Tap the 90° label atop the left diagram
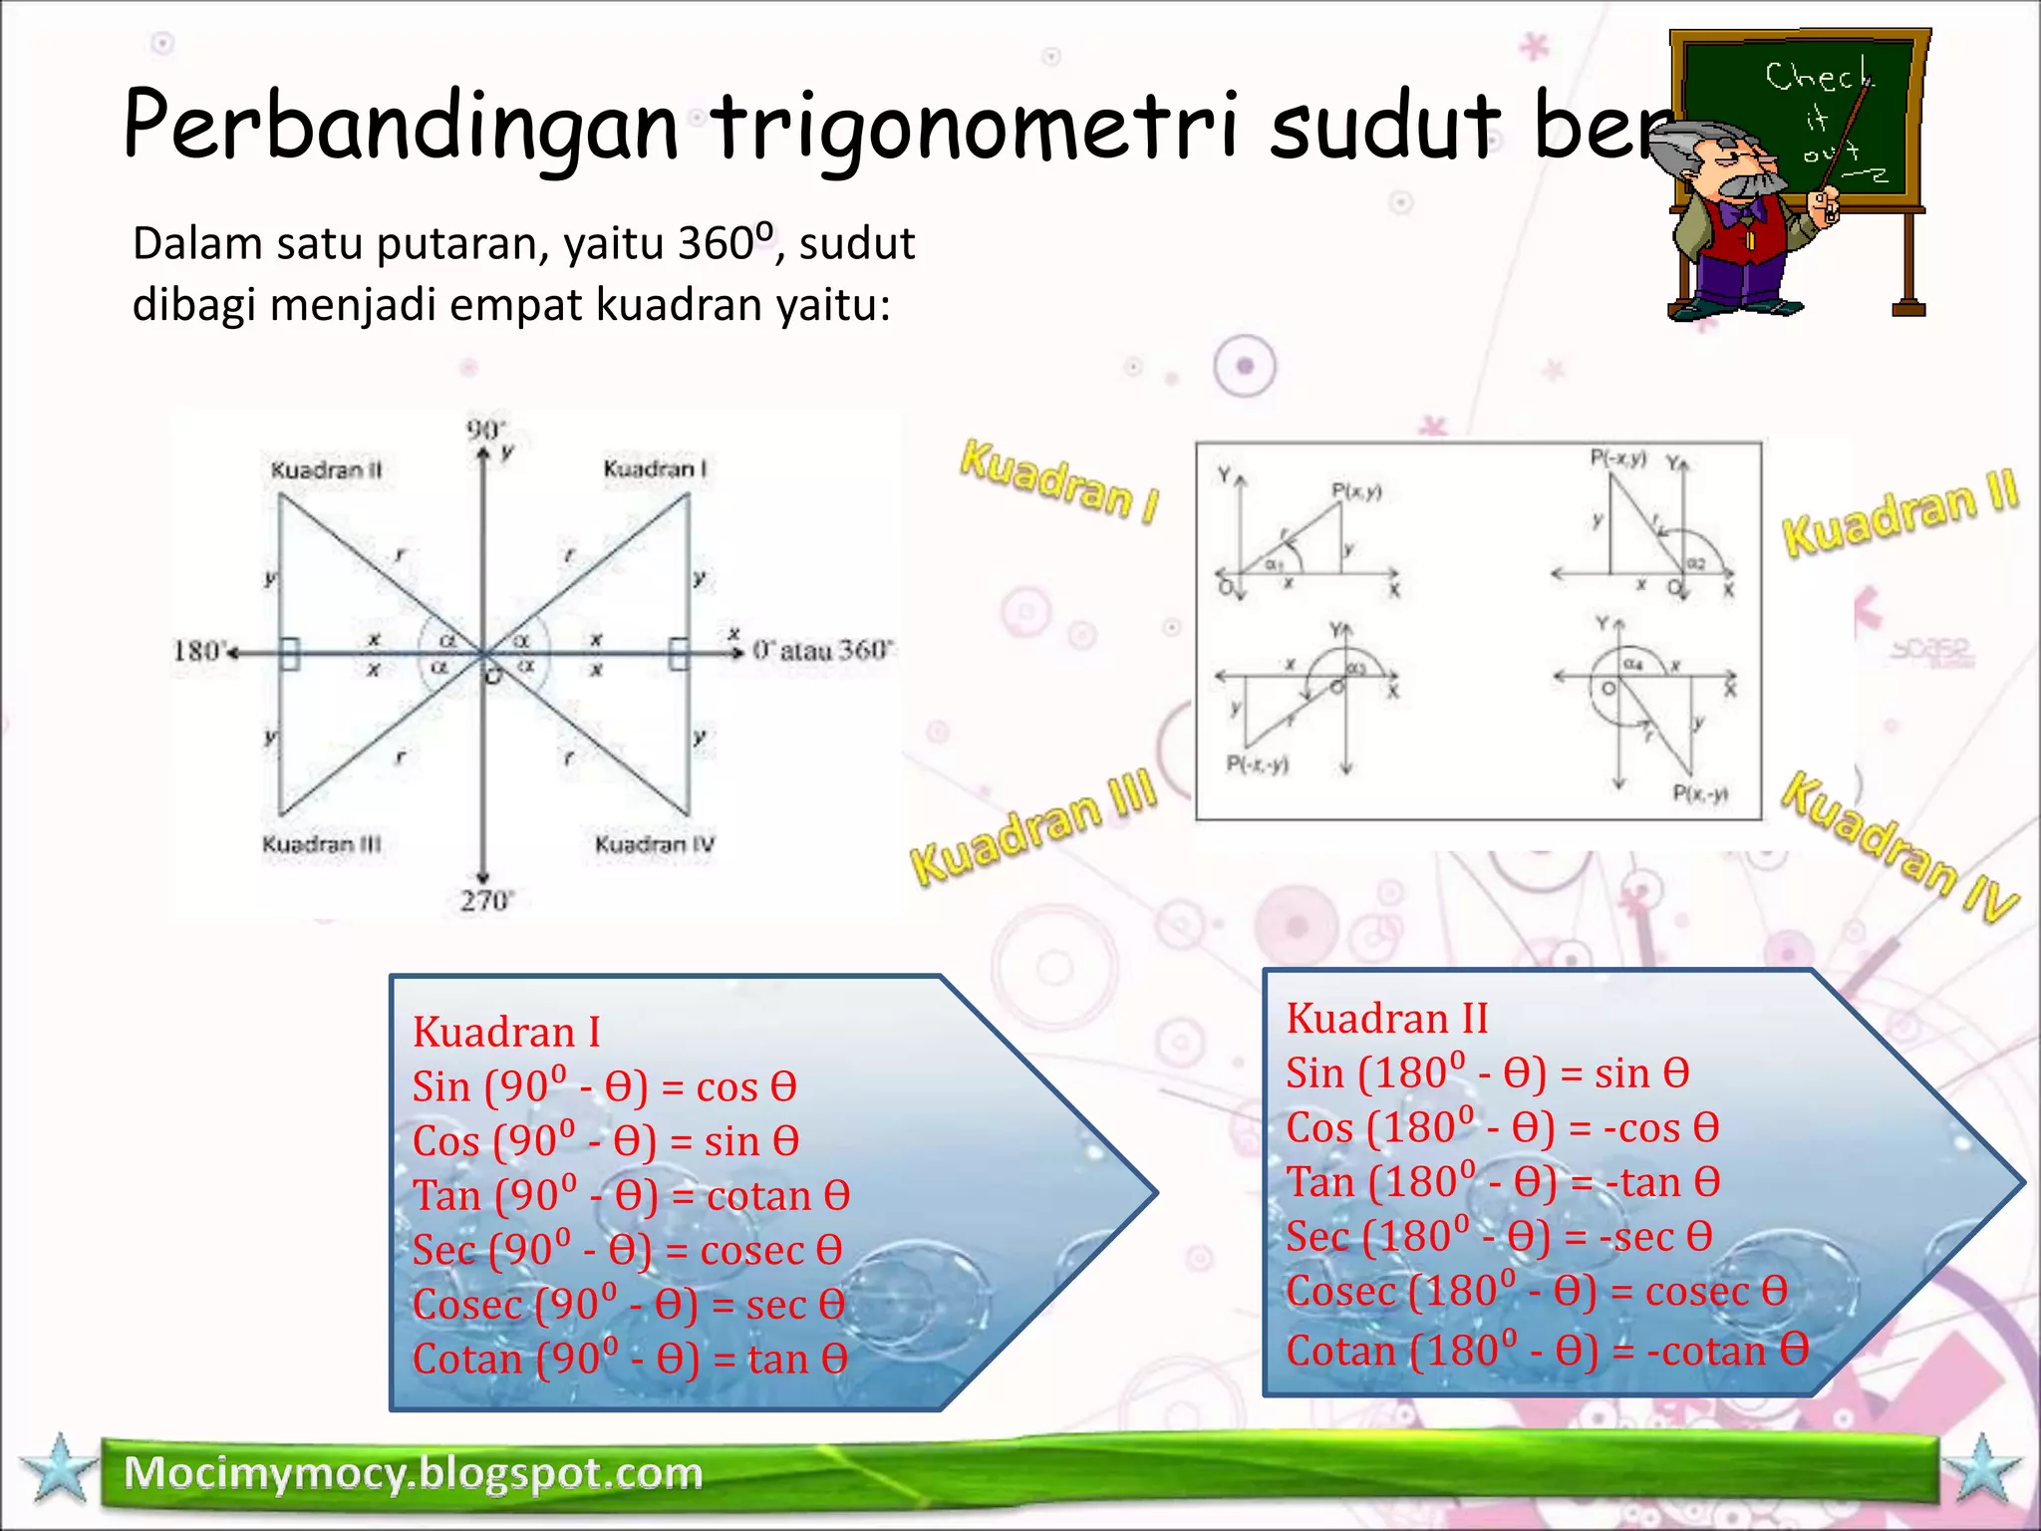click(x=485, y=430)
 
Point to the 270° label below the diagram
click(x=485, y=901)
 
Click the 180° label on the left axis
click(x=197, y=651)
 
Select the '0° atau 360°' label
click(x=822, y=651)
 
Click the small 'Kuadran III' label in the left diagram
click(x=321, y=845)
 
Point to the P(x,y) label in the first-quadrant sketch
click(x=1356, y=490)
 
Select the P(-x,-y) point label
click(x=1257, y=765)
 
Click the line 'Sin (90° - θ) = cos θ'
click(x=604, y=1086)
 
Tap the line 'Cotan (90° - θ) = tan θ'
click(x=630, y=1359)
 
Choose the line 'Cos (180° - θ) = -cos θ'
click(x=1502, y=1127)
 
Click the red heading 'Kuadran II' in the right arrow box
click(x=1386, y=1019)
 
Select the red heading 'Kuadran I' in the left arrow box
click(x=506, y=1032)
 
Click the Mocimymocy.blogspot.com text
click(x=413, y=1473)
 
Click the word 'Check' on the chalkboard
click(x=1817, y=76)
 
